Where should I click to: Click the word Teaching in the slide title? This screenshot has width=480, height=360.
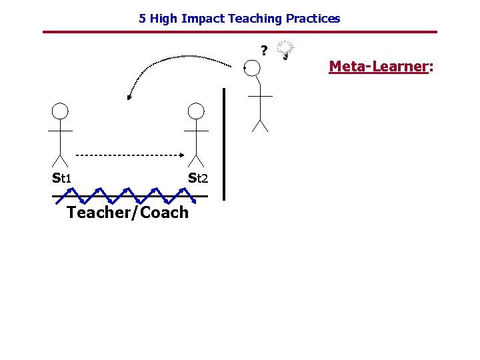252,19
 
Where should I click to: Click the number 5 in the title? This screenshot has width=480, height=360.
142,19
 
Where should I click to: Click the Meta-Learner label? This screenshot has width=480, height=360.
381,67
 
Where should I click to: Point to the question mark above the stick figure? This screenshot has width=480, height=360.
264,51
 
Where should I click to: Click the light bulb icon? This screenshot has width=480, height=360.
285,49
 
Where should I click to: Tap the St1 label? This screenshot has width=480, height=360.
62,178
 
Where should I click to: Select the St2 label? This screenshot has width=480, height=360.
198,178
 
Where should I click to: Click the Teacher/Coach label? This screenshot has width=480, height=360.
128,213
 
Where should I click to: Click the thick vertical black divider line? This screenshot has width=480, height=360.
224,143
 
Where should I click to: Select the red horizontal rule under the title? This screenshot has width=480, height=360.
240,32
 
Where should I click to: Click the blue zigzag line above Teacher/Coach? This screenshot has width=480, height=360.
127,195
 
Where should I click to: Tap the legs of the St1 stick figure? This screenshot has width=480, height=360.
60,160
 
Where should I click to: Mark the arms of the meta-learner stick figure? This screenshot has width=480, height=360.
260,96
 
